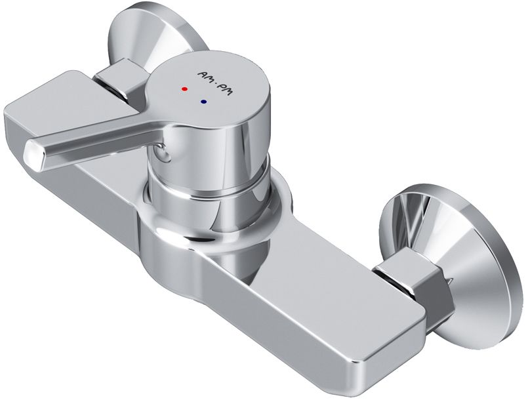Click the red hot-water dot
184,89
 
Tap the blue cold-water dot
203,102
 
